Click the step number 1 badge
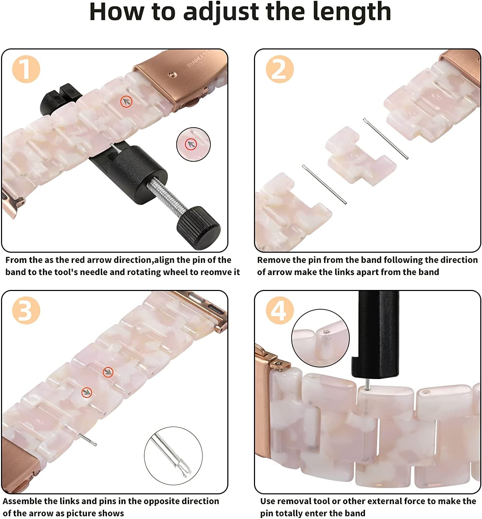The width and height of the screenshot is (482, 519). (x=26, y=69)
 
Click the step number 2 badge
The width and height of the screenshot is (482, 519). (x=280, y=69)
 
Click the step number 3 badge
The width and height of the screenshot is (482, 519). (x=26, y=311)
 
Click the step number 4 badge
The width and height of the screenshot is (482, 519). (x=280, y=311)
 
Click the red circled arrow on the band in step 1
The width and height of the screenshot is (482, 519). (x=127, y=101)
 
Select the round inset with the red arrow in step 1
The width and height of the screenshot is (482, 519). (x=193, y=144)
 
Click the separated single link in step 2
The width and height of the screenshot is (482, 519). (x=360, y=156)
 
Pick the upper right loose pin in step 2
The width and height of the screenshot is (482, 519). (x=385, y=139)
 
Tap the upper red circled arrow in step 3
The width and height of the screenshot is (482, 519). (x=108, y=372)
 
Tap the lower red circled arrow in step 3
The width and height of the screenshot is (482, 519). (x=87, y=392)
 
